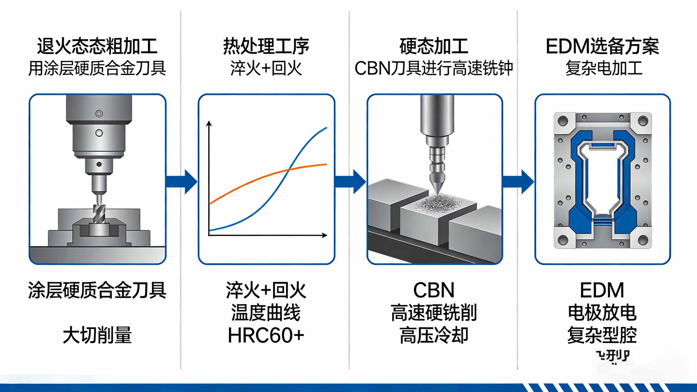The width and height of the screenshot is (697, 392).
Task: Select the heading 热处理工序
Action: [x=266, y=46]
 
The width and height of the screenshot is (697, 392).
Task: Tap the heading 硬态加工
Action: [x=434, y=46]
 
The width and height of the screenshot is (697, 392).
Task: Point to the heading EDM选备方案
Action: [x=602, y=46]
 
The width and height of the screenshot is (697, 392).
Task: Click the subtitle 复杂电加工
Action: [x=604, y=68]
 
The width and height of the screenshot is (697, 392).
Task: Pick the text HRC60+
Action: [x=266, y=335]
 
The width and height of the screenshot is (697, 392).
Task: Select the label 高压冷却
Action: [x=434, y=335]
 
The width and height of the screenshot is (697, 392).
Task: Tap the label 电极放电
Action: [x=602, y=313]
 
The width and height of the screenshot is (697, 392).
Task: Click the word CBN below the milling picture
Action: [x=434, y=290]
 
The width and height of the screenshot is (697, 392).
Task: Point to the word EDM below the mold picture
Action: [x=602, y=290]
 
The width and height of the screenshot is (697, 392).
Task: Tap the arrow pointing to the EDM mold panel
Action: [x=518, y=182]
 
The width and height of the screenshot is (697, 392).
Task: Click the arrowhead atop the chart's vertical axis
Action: [x=209, y=123]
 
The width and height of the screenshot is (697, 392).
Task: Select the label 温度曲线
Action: [x=266, y=313]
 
